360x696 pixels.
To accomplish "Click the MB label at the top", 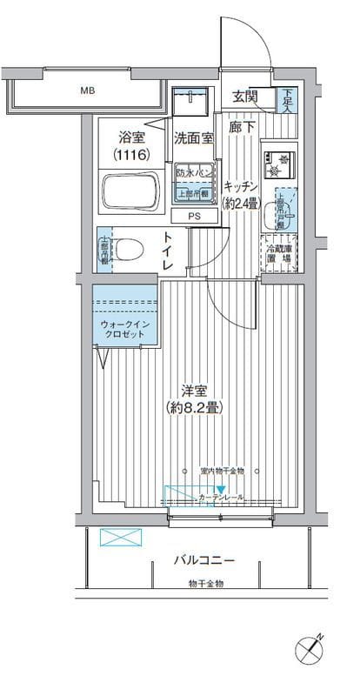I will (x=88, y=90).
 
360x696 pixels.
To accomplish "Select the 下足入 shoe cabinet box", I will (x=287, y=101).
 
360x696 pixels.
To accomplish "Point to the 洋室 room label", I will (x=192, y=391).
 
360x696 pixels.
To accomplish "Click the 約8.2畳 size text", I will (x=192, y=407).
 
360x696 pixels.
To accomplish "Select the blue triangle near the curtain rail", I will (x=222, y=491).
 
